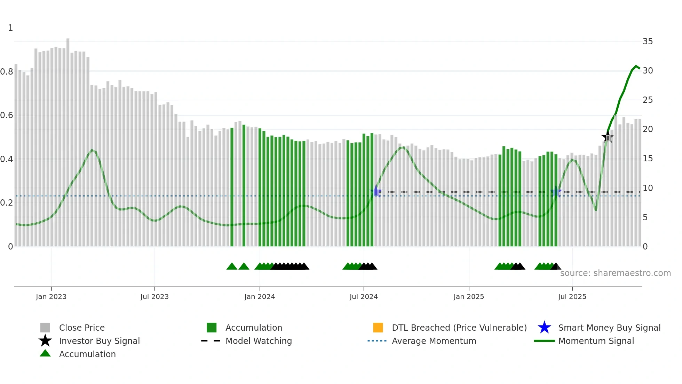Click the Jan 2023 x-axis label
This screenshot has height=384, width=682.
[51, 297]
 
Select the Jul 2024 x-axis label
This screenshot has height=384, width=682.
[364, 297]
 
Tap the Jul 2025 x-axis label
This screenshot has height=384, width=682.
[572, 297]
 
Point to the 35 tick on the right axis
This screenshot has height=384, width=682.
[648, 41]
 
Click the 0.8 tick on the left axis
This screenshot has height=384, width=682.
[7, 72]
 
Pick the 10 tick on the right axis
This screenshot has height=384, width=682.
[648, 188]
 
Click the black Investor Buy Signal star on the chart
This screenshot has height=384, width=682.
[608, 137]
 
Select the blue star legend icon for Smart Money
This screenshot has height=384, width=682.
[544, 328]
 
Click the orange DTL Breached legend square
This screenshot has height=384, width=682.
[378, 328]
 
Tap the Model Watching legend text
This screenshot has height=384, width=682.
[259, 341]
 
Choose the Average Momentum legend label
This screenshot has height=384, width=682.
[434, 341]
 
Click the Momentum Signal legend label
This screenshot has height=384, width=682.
[596, 341]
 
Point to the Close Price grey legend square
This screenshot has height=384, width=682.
[45, 328]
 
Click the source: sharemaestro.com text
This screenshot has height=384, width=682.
[615, 273]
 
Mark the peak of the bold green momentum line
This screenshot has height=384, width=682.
[636, 66]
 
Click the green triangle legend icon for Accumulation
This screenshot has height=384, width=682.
[45, 353]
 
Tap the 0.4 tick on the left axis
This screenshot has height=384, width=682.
[7, 159]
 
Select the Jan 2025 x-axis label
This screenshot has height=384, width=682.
[469, 297]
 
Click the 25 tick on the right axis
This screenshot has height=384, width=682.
[648, 100]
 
